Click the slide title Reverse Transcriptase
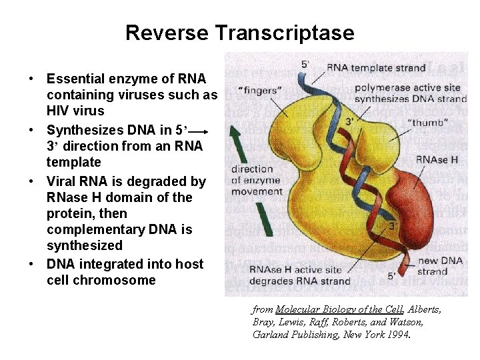239,33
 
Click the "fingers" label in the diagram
260,90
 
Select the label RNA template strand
375,67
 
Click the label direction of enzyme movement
257,180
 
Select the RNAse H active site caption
299,275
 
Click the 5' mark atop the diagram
305,65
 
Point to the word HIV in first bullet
61,111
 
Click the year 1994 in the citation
396,335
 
